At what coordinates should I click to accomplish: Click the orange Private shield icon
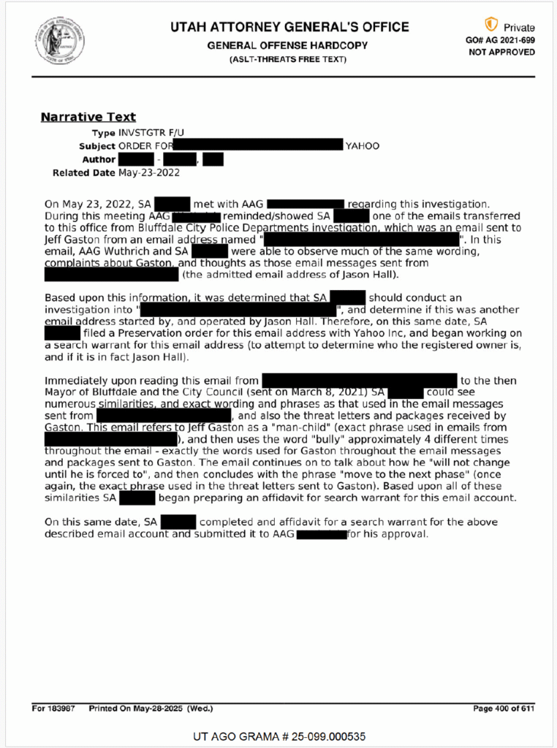pyautogui.click(x=491, y=25)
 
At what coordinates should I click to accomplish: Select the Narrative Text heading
pyautogui.click(x=88, y=117)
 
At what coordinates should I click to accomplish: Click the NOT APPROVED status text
pyautogui.click(x=501, y=53)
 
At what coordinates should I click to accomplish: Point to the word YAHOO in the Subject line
pyautogui.click(x=362, y=146)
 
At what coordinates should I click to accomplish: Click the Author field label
pyautogui.click(x=98, y=159)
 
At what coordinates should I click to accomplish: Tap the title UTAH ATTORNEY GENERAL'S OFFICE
pyautogui.click(x=289, y=28)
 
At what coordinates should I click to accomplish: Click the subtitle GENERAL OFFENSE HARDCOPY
pyautogui.click(x=287, y=45)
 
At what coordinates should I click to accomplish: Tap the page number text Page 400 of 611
pyautogui.click(x=504, y=709)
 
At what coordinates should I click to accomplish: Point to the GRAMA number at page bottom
pyautogui.click(x=278, y=736)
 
